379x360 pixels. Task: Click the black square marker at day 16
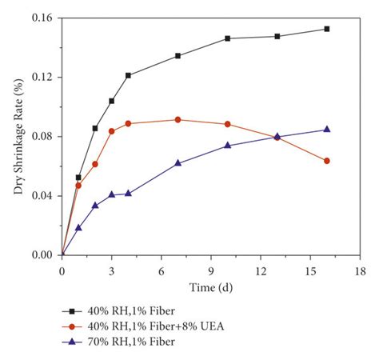[x=326, y=29]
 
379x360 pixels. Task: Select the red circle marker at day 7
[x=178, y=120]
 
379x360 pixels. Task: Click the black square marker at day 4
[x=128, y=75]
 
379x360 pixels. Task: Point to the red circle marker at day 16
[x=326, y=161]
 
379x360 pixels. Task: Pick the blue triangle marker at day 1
[x=78, y=227]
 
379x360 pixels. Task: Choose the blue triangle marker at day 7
[x=178, y=163]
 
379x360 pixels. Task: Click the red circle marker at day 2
[x=95, y=164]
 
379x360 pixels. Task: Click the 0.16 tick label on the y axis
[x=42, y=18]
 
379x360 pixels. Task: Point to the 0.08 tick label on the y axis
[x=42, y=136]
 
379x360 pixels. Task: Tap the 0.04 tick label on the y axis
[x=42, y=196]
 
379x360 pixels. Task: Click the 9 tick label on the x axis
[x=210, y=270]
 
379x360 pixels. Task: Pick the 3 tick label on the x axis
[x=111, y=270]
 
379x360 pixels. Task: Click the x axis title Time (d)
[x=210, y=286]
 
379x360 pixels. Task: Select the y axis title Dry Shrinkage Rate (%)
[x=16, y=136]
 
